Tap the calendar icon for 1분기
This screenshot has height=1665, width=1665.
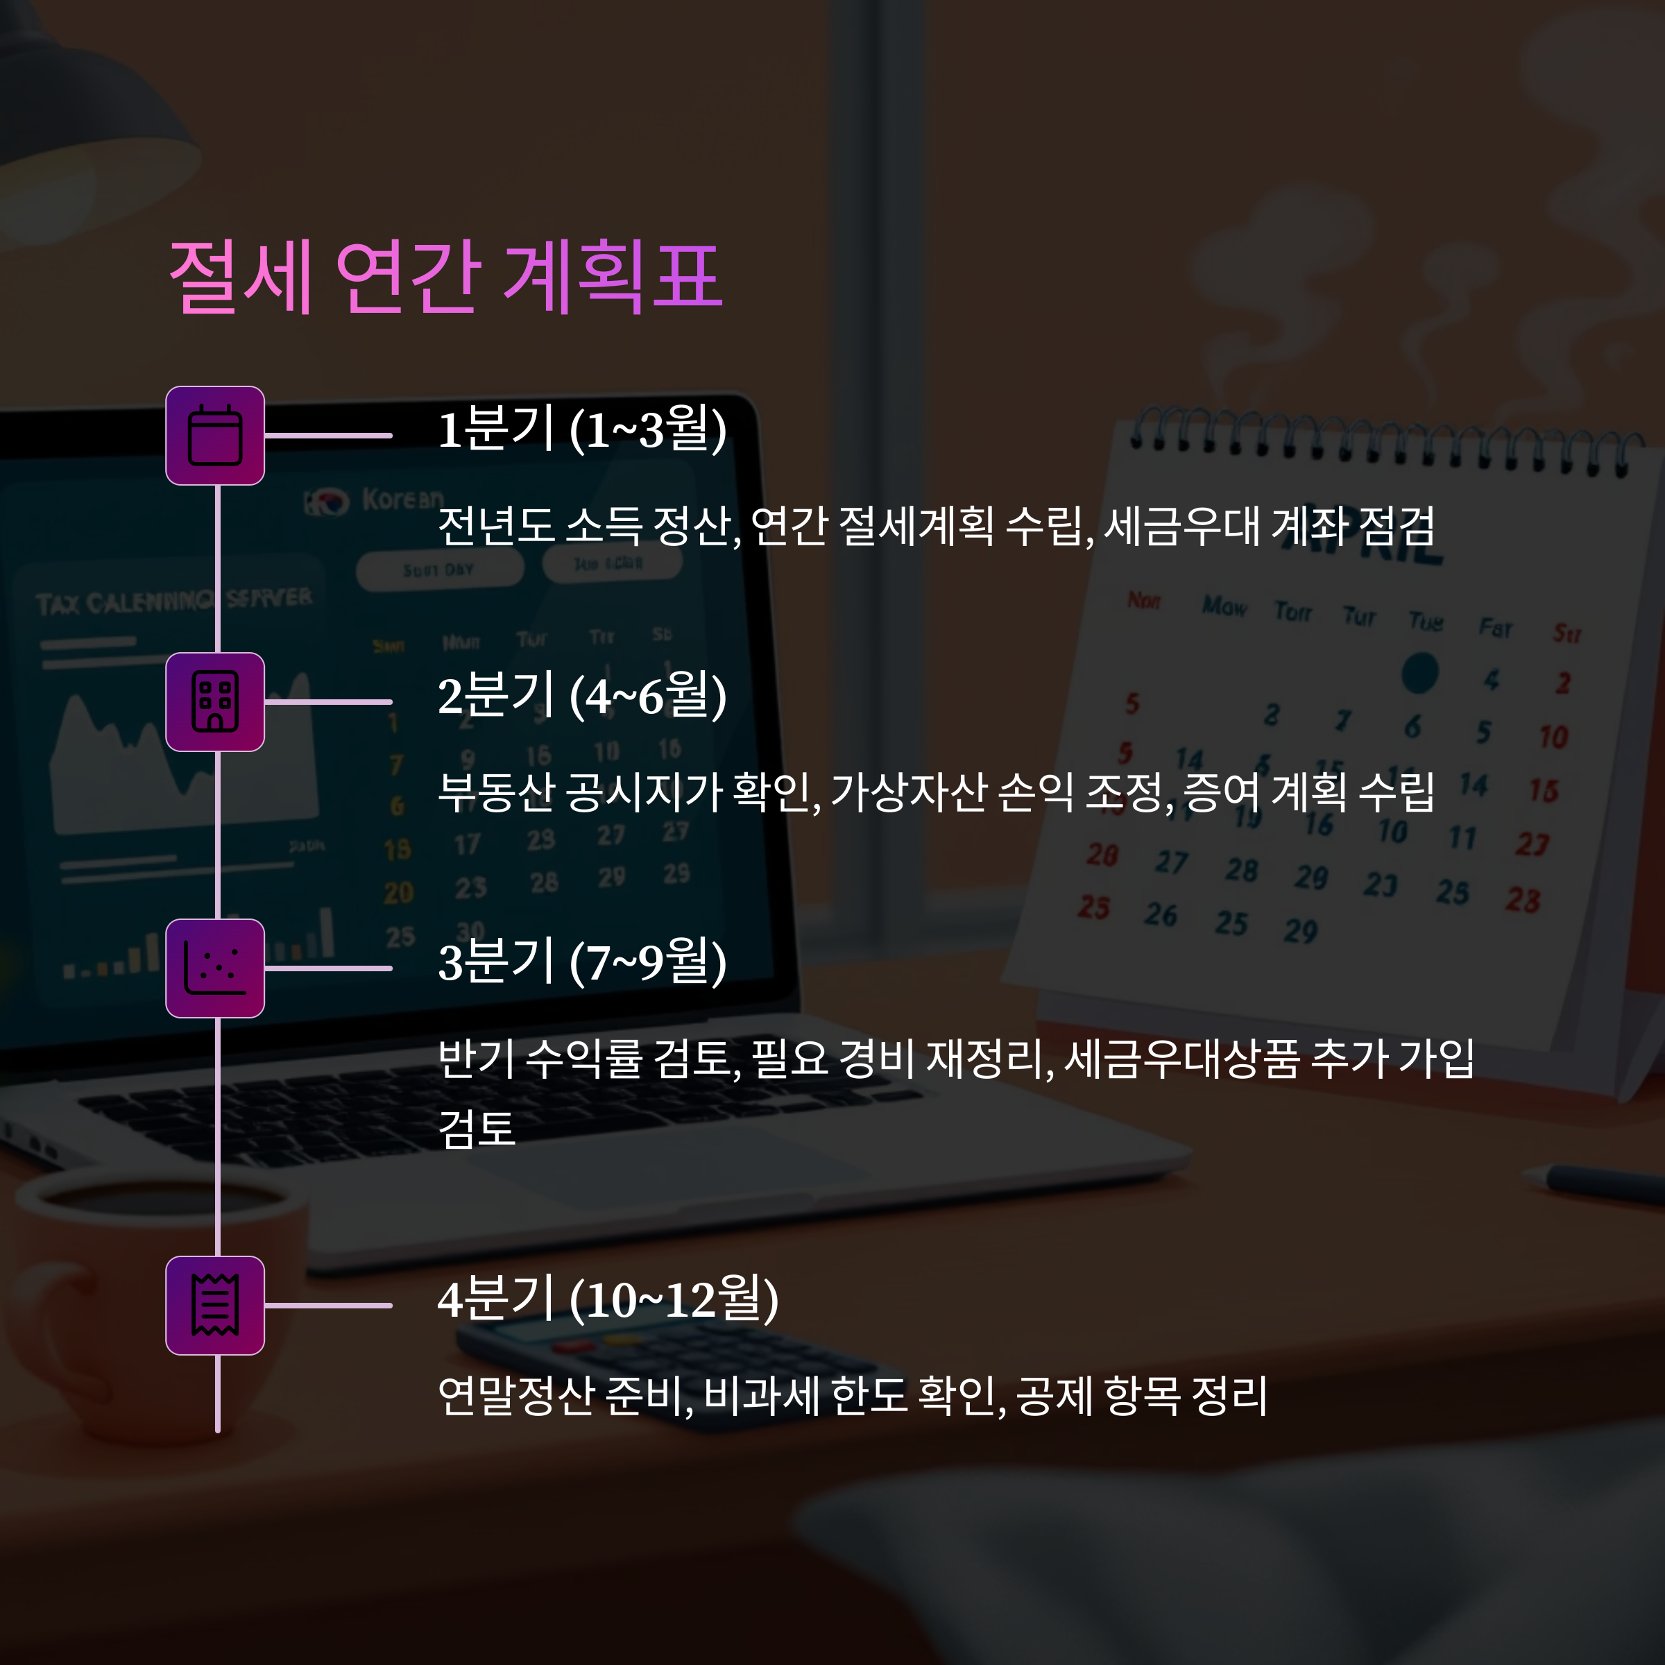(x=214, y=435)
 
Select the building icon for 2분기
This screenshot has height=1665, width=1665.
(x=214, y=701)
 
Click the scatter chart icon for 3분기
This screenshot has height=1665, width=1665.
(x=214, y=968)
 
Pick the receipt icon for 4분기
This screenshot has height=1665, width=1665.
(x=214, y=1305)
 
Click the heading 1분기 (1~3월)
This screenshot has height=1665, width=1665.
(x=583, y=429)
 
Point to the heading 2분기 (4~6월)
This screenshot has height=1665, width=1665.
(x=583, y=695)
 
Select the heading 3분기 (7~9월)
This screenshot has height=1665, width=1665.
(x=583, y=962)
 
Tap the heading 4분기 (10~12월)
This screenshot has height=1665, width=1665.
(x=608, y=1299)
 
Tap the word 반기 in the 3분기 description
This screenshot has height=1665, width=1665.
(x=476, y=1058)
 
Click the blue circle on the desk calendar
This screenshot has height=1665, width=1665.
(x=1419, y=673)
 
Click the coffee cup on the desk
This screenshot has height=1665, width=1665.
(x=146, y=1292)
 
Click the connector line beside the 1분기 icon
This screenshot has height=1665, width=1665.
(x=328, y=435)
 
